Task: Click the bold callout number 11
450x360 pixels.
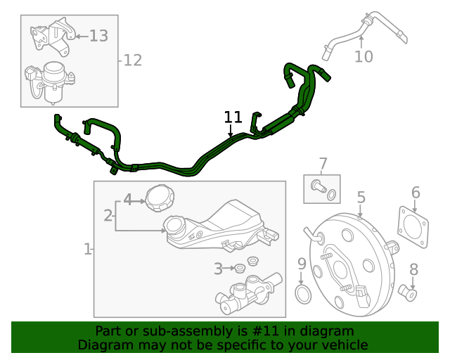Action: (x=233, y=117)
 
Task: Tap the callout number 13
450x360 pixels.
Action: (x=98, y=35)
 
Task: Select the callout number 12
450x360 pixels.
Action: (x=132, y=60)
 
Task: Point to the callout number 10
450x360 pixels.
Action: (x=364, y=56)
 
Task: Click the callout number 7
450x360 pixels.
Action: (x=323, y=165)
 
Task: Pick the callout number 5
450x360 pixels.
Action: (x=361, y=198)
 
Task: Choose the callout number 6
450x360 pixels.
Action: (x=416, y=192)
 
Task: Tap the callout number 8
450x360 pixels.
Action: (x=413, y=269)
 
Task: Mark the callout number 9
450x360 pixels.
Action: (x=302, y=264)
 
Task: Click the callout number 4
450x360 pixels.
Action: (x=127, y=199)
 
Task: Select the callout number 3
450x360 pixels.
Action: (x=219, y=268)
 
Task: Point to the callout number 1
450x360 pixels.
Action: (x=87, y=249)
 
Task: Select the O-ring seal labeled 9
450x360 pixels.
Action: (x=302, y=294)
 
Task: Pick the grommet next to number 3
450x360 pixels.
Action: (x=240, y=268)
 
